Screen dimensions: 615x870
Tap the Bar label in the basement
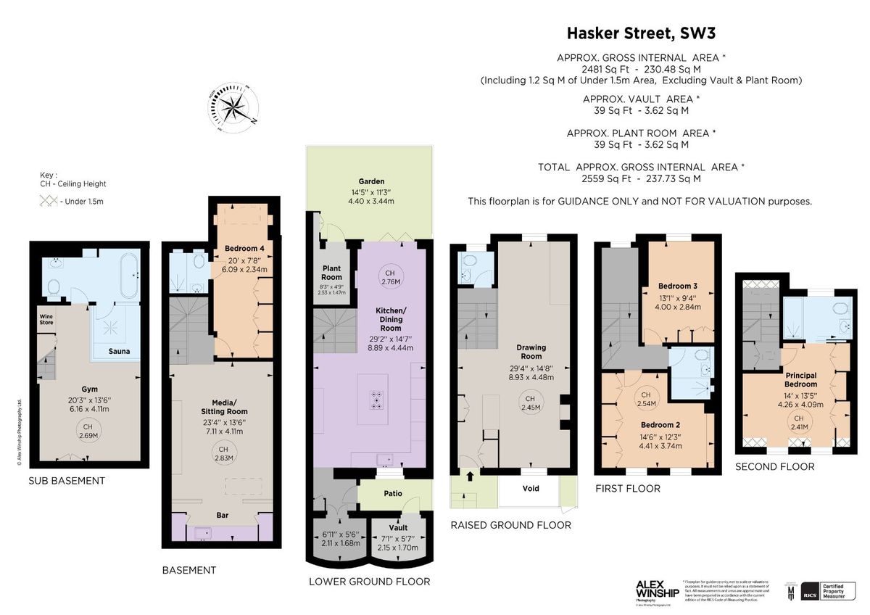222,515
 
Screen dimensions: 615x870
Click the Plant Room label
331,273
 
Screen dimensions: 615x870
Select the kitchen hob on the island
378,400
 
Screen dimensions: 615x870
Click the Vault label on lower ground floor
398,528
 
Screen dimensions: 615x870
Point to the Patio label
392,494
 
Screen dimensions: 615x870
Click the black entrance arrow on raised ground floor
469,476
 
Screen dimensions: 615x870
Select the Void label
531,488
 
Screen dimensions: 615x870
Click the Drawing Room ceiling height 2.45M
531,403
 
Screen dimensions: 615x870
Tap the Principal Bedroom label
800,379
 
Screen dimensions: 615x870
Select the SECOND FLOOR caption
774,467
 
